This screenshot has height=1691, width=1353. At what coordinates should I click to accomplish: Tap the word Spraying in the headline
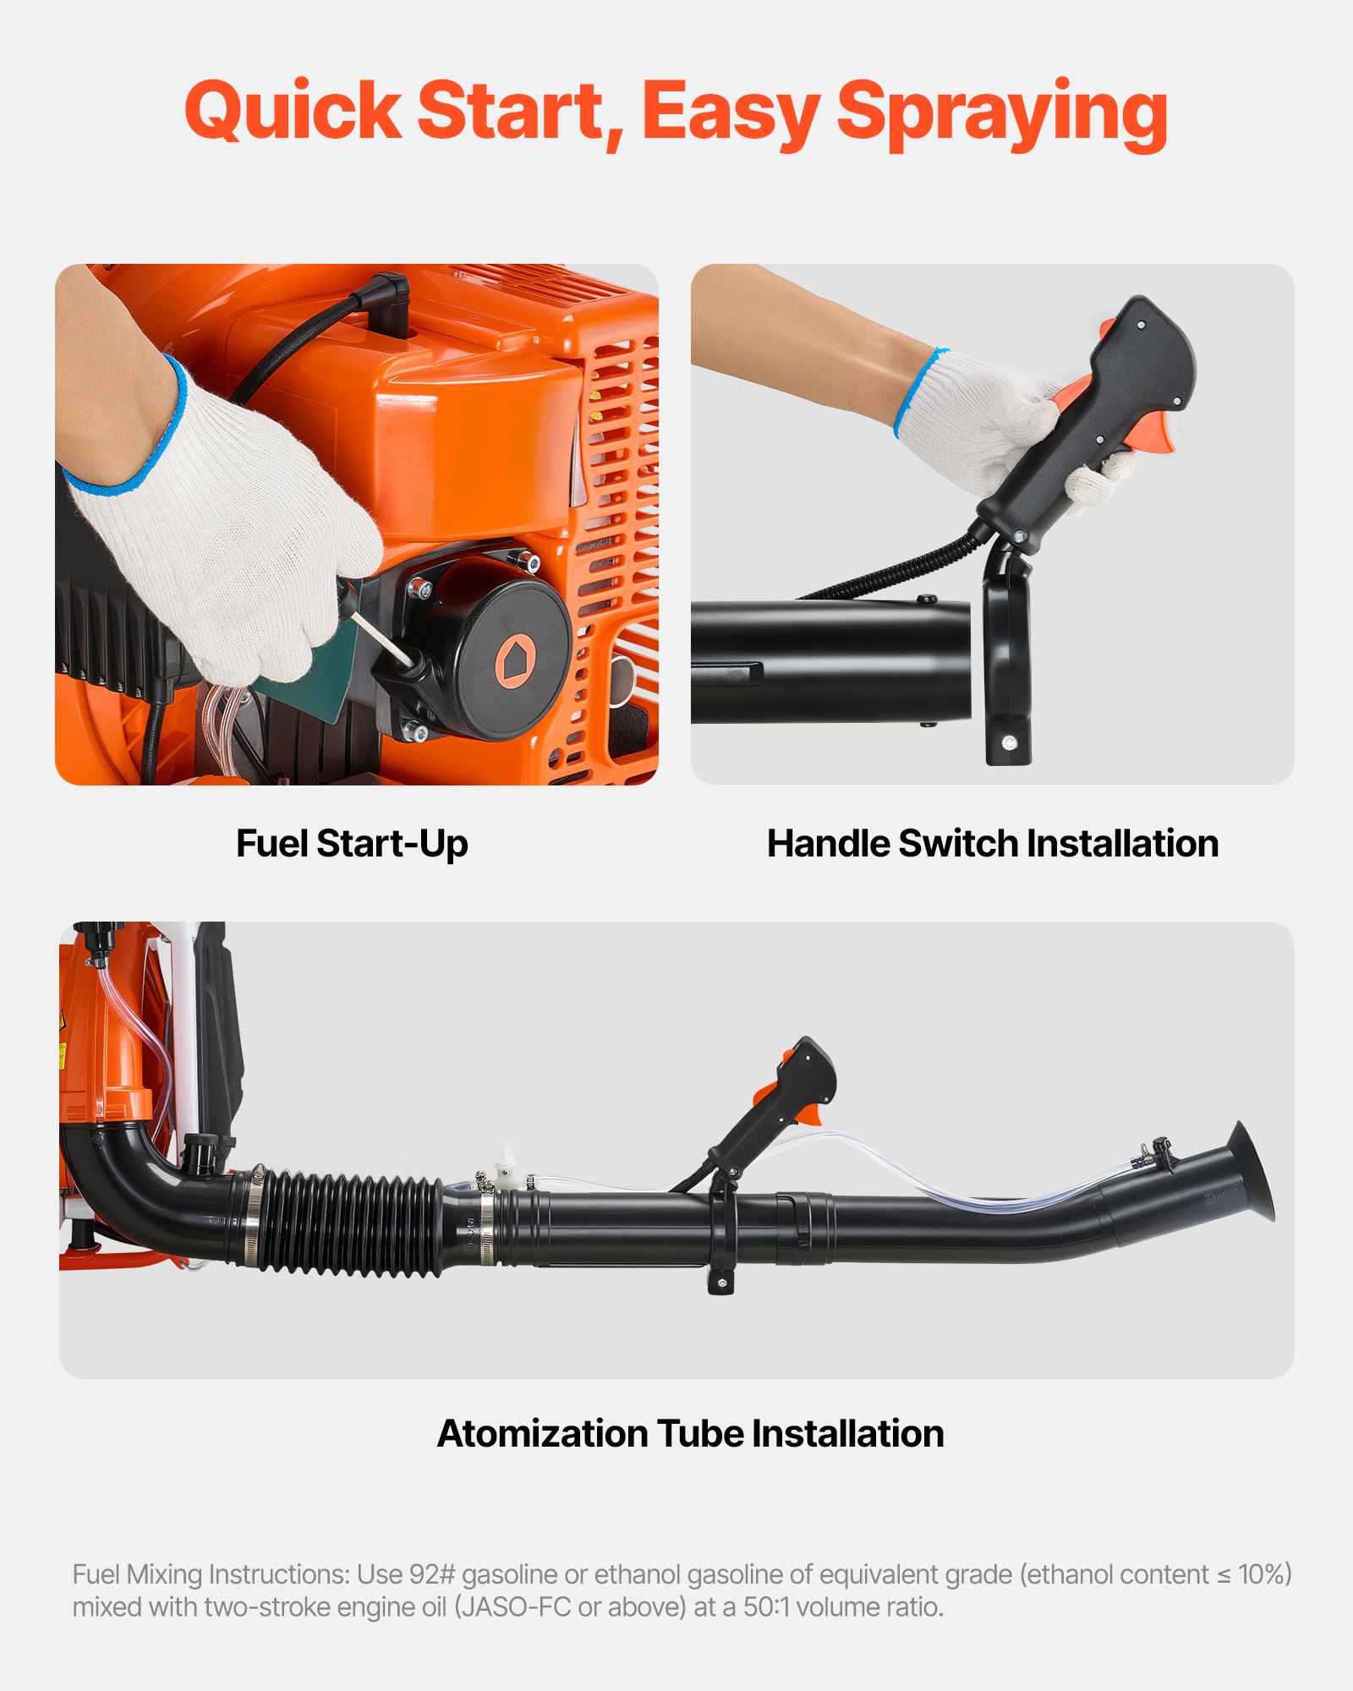pos(1002,112)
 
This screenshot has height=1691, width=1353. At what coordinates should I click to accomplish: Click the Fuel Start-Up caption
pos(352,844)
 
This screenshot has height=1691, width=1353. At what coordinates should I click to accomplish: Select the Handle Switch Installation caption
pos(992,844)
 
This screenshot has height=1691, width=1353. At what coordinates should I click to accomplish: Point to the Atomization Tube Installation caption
pos(690,1434)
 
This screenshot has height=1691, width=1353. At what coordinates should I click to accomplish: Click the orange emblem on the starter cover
pos(512,659)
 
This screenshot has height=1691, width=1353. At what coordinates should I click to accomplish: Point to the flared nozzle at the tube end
pos(1248,1172)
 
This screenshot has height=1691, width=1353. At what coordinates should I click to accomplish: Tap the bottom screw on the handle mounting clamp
pos(1008,742)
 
